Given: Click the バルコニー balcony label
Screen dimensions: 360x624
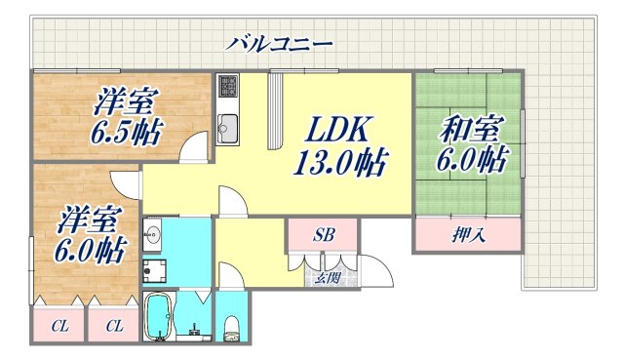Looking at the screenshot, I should point(281,44).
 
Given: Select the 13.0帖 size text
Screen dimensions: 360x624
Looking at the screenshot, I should point(340,160).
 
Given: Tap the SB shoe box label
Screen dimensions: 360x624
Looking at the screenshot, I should point(323,236).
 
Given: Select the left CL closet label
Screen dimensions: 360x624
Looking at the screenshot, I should point(58,326).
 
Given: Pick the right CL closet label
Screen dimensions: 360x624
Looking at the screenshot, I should point(113,326).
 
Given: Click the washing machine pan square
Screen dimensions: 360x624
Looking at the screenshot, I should point(153,269).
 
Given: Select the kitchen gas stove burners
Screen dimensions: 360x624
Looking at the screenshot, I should point(227,89).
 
